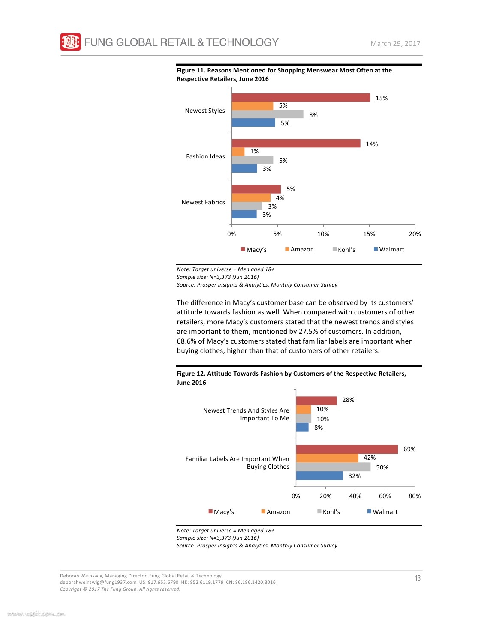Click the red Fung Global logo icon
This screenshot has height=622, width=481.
pyautogui.click(x=70, y=42)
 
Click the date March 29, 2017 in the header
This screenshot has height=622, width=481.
pyautogui.click(x=395, y=44)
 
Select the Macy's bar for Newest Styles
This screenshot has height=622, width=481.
pyautogui.click(x=301, y=98)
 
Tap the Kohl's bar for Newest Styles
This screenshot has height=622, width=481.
pyautogui.click(x=267, y=114)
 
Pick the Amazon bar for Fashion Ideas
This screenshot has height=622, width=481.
pyautogui.click(x=238, y=152)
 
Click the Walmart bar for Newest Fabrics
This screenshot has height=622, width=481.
pyautogui.click(x=244, y=214)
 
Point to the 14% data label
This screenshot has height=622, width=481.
pyautogui.click(x=372, y=144)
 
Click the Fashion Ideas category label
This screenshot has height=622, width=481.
pyautogui.click(x=205, y=156)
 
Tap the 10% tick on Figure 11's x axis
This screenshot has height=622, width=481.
pyautogui.click(x=323, y=234)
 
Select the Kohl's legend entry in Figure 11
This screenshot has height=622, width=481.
pyautogui.click(x=344, y=250)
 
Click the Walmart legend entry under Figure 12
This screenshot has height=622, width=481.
pyautogui.click(x=382, y=512)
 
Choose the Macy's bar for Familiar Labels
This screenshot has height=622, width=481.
pyautogui.click(x=347, y=449)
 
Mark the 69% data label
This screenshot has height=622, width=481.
pyautogui.click(x=409, y=449)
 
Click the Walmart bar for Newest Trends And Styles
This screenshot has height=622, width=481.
pyautogui.click(x=302, y=428)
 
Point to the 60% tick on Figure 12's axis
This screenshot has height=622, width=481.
pyautogui.click(x=385, y=496)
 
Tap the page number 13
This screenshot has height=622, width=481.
pyautogui.click(x=418, y=578)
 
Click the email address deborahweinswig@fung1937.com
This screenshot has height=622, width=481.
pyautogui.click(x=98, y=582)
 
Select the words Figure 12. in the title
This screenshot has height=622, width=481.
pyautogui.click(x=191, y=374)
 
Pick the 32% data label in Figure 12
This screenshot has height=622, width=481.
pyautogui.click(x=355, y=476)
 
